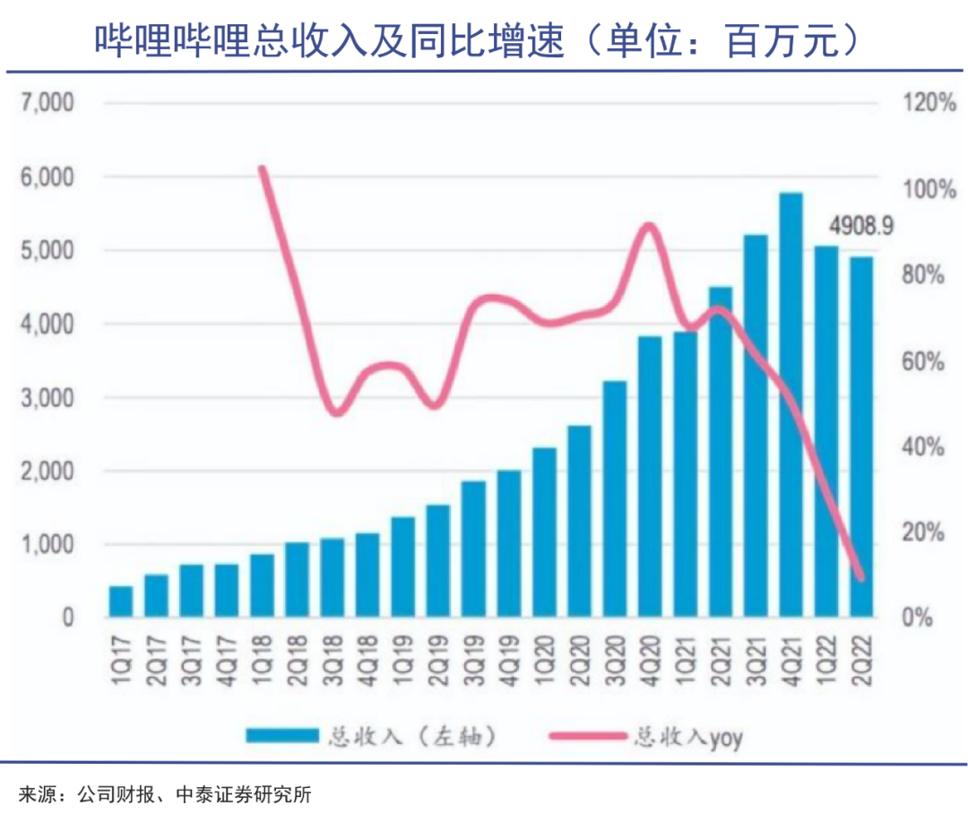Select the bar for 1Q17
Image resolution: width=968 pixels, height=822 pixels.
click(x=121, y=601)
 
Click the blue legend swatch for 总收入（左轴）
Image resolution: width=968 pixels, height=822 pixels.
click(x=282, y=737)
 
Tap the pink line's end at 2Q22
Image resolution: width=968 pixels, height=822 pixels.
click(x=861, y=578)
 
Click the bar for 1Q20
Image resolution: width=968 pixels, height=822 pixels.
click(x=544, y=532)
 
